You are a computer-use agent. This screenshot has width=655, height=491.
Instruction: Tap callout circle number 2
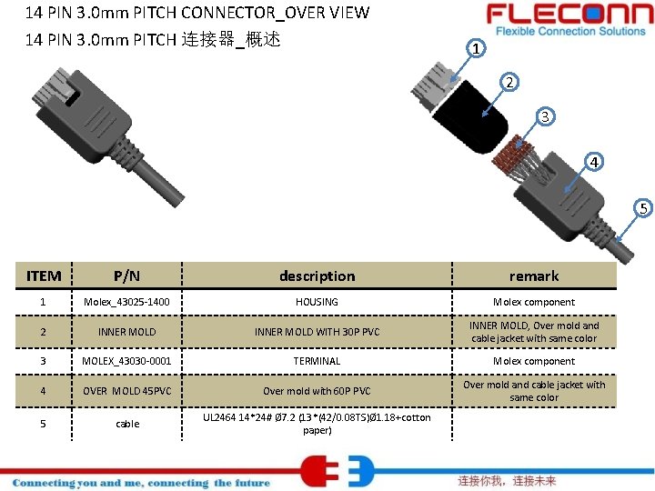510,82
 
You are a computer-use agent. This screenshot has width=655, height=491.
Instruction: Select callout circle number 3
544,116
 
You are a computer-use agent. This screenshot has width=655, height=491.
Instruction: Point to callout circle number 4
593,163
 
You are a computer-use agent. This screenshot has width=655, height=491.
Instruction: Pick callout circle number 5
642,209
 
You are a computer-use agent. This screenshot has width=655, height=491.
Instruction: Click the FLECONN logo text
564,15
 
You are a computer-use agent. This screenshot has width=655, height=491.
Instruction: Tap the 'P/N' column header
127,276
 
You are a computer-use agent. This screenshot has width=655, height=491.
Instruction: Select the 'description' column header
317,276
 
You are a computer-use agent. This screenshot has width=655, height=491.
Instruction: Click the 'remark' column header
534,276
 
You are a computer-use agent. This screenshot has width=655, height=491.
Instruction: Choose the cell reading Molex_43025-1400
127,302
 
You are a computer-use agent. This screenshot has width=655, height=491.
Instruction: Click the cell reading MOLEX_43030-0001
127,361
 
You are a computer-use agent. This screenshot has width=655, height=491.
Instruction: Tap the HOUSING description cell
317,302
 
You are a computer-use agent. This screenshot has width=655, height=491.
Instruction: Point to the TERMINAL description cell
317,361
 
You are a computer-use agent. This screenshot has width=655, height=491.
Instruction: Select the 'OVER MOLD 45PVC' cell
127,391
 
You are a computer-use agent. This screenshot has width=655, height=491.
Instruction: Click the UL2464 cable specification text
317,424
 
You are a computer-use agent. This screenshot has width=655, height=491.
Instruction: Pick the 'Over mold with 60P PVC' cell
317,391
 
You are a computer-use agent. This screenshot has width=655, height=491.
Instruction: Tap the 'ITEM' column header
44,276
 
